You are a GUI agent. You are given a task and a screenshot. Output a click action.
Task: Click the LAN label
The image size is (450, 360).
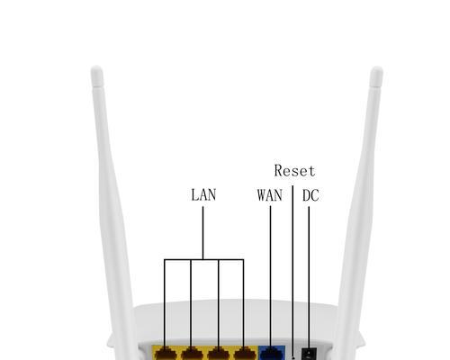click(x=203, y=194)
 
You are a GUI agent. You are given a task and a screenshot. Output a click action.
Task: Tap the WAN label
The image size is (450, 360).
click(x=270, y=195)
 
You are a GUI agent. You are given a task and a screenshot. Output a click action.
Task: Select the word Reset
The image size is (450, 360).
click(x=294, y=171)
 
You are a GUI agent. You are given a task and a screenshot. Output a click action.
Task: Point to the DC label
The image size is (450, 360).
click(x=310, y=195)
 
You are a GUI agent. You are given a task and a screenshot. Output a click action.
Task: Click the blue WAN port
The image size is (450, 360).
click(x=272, y=353)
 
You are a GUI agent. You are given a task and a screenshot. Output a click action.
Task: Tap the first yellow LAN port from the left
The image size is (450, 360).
click(x=166, y=353)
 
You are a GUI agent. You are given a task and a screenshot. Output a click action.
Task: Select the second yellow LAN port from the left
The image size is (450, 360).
click(x=192, y=353)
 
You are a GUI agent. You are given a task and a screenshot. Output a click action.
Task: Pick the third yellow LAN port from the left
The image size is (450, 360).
click(x=218, y=353)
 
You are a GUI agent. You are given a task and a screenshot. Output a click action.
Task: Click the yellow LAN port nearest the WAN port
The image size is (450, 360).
click(x=245, y=353)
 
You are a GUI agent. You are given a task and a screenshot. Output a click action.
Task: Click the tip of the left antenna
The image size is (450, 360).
click(x=96, y=67)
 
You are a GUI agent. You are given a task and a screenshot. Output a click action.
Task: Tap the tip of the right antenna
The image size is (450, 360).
click(x=377, y=68)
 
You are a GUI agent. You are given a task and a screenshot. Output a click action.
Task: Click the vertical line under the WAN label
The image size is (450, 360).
click(x=270, y=276)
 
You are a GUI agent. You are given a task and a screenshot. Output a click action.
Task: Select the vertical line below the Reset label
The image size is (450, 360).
click(x=292, y=272)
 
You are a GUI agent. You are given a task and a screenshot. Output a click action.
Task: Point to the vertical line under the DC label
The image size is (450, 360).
click(x=309, y=277)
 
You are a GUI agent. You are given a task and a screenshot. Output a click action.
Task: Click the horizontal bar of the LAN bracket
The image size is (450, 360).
click(x=204, y=259)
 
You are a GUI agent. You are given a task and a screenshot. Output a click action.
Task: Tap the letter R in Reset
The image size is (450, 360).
click(x=279, y=170)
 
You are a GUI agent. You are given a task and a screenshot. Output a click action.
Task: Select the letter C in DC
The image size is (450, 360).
click(x=315, y=195)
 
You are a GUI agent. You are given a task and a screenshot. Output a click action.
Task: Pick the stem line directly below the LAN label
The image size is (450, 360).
click(x=202, y=232)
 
